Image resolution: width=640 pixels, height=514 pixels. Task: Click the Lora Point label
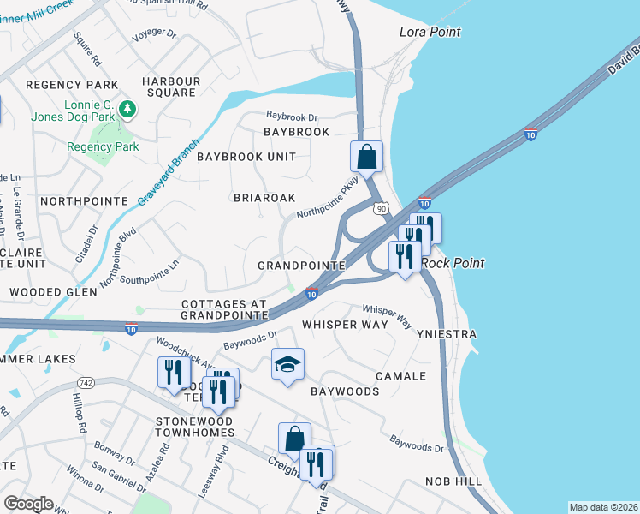pyautogui.click(x=430, y=32)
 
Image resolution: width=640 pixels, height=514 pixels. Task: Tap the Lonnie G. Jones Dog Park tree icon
pyautogui.click(x=127, y=109)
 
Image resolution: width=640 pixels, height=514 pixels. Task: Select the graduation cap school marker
pyautogui.click(x=288, y=365)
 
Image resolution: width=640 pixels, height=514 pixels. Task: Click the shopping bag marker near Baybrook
pyautogui.click(x=366, y=158)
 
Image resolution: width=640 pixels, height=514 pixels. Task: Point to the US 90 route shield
pyautogui.click(x=381, y=207)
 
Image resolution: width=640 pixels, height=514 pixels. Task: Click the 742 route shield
pyautogui.click(x=86, y=381)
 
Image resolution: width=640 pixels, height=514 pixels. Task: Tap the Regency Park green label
pyautogui.click(x=103, y=146)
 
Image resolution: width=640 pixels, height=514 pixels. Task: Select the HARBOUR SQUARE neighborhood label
pyautogui.click(x=171, y=87)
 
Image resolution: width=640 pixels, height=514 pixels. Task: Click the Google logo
pyautogui.click(x=28, y=504)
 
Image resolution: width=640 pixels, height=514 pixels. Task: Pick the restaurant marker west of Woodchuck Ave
pyautogui.click(x=172, y=373)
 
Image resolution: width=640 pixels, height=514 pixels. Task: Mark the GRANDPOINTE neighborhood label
pyautogui.click(x=301, y=266)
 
